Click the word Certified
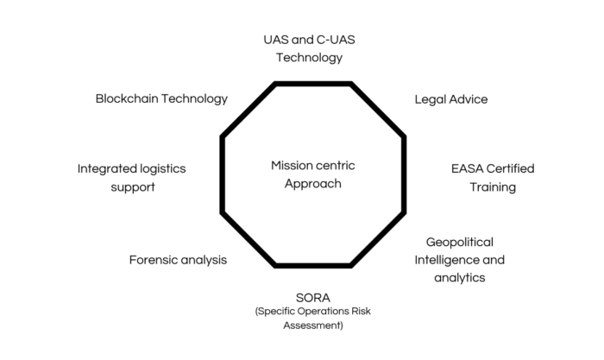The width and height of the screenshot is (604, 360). click(x=514, y=168)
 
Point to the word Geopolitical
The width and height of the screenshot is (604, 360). click(x=460, y=242)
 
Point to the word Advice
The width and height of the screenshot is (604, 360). click(x=470, y=99)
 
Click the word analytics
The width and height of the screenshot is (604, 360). click(x=460, y=278)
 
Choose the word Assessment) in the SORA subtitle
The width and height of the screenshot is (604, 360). click(x=311, y=325)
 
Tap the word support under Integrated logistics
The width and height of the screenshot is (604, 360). click(x=133, y=186)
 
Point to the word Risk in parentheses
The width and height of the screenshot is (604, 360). click(x=355, y=312)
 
